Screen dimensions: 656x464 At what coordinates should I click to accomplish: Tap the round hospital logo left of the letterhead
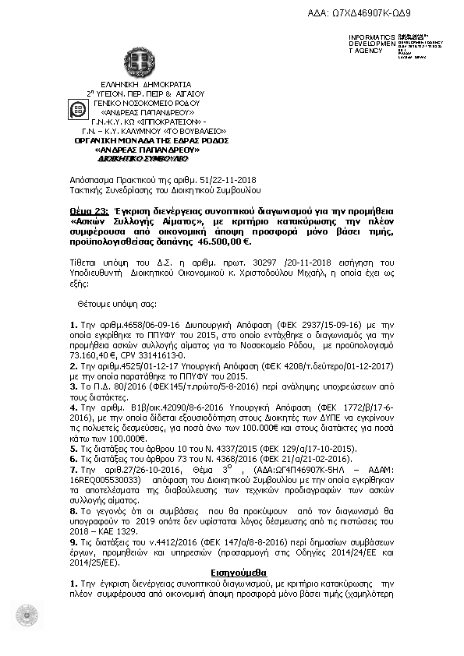pyautogui.click(x=78, y=110)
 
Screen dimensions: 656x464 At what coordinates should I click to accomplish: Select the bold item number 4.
pyautogui.click(x=73, y=406)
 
